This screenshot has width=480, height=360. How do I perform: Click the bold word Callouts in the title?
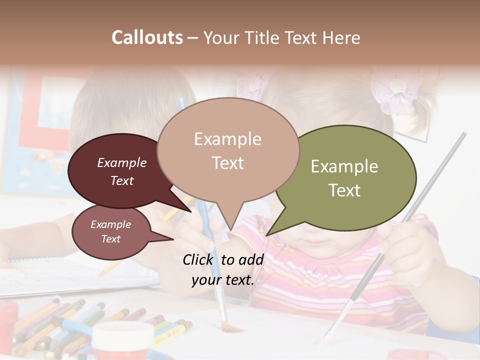[x=147, y=37]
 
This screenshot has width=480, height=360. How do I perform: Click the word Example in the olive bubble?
[x=344, y=166]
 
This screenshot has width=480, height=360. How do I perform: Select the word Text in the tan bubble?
[x=228, y=163]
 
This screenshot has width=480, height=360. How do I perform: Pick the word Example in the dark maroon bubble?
[x=122, y=162]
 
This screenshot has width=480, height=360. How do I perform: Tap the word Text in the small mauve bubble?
[x=111, y=239]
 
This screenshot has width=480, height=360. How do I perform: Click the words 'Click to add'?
[x=223, y=259]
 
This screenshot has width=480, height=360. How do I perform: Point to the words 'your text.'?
[x=223, y=280]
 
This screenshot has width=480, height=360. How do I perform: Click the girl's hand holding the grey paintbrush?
[x=405, y=245]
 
